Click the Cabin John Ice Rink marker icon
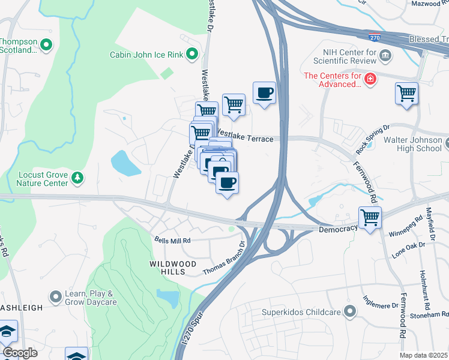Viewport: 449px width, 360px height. coord(192,55)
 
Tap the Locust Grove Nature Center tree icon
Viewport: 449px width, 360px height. coord(77,178)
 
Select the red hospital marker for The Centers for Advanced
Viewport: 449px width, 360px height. coord(371,79)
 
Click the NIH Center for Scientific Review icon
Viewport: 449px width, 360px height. coord(385,56)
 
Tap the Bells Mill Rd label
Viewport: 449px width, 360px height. coord(172,240)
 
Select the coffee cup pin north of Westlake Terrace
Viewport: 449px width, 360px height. coord(264,93)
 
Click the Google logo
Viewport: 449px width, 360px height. coord(20,353)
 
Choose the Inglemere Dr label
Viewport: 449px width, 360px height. coord(381,302)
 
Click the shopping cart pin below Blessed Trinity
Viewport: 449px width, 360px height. coord(406,94)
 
